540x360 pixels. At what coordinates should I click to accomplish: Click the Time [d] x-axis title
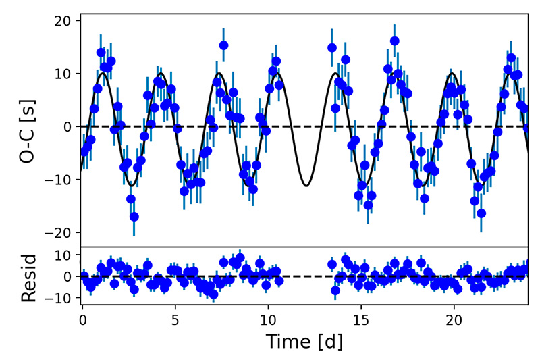tap(304, 342)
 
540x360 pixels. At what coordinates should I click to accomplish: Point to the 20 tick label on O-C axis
tap(62, 21)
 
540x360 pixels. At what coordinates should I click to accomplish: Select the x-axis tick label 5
tap(175, 318)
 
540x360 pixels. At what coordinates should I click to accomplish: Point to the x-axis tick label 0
tap(82, 318)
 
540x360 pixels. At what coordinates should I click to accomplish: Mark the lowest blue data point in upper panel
tap(134, 217)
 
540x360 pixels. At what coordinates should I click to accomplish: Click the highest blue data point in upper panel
tap(395, 41)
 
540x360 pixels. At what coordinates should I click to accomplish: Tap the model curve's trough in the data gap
tap(307, 185)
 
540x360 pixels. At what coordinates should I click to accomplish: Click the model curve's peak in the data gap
tap(335, 73)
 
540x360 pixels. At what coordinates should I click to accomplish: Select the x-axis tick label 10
tap(268, 318)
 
